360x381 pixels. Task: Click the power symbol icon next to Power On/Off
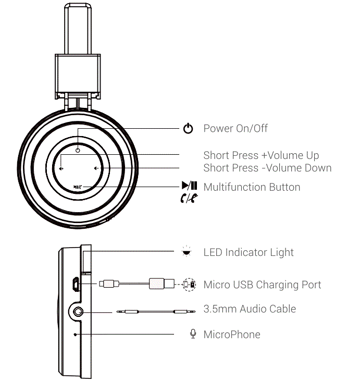189,129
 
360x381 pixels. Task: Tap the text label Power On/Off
235,129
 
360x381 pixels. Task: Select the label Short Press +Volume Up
261,155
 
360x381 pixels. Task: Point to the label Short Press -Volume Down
267,168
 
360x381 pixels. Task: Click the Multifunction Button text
252,187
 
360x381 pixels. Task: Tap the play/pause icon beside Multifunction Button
189,186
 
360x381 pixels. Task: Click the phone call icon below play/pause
189,198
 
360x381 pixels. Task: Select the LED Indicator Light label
249,252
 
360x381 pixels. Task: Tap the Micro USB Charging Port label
262,285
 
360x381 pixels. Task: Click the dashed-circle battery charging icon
188,284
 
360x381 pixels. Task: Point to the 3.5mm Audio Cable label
250,309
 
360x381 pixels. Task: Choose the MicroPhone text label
232,334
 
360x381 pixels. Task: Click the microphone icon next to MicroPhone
193,334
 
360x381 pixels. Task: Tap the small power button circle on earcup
77,150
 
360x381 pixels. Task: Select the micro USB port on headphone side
76,284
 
